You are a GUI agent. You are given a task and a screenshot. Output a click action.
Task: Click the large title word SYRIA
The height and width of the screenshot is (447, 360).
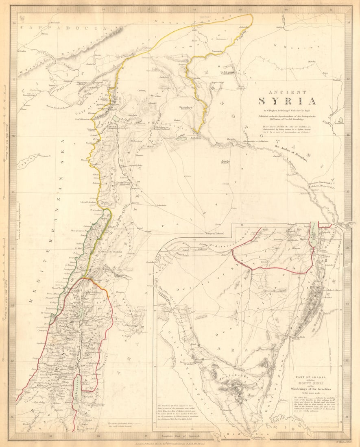pyautogui.click(x=288, y=101)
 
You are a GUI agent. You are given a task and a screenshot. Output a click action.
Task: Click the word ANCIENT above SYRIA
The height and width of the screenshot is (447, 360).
pyautogui.click(x=287, y=92)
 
